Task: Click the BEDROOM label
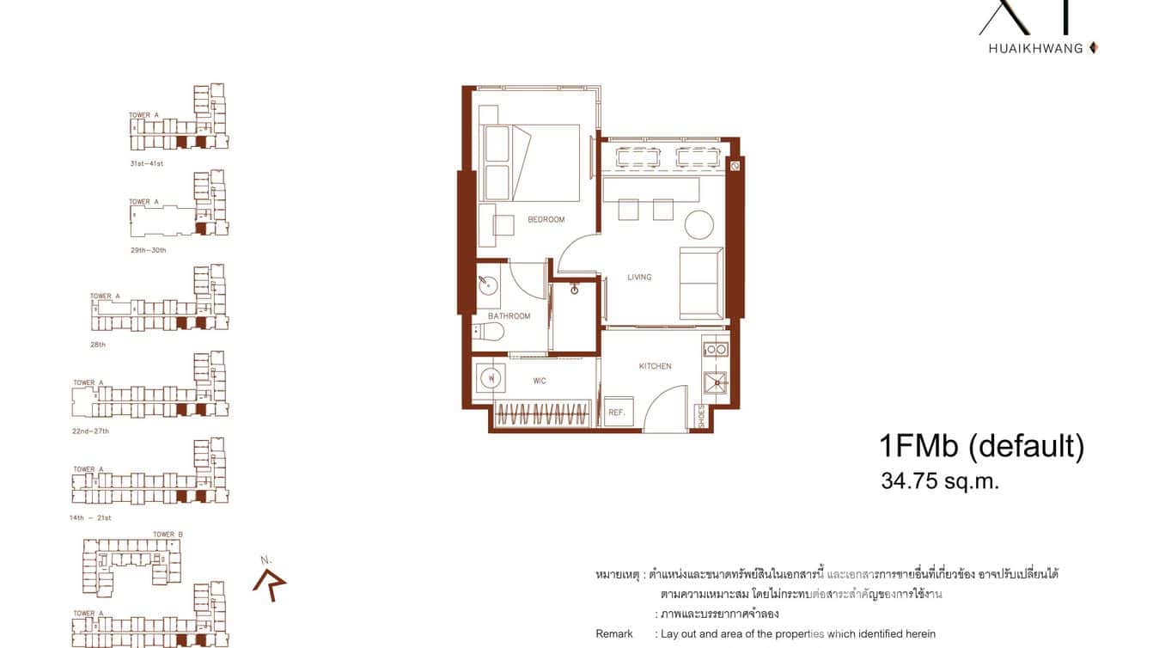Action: point(546,220)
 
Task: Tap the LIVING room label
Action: point(639,277)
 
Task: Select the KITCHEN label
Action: point(655,366)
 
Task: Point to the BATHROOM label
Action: point(509,316)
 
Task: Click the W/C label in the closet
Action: point(540,381)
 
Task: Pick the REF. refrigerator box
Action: point(617,412)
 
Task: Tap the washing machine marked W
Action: point(490,377)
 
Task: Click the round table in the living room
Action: point(699,225)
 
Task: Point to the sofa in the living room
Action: point(701,283)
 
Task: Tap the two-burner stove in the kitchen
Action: point(715,350)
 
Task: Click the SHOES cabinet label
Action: point(702,417)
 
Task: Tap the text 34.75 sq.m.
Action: point(940,481)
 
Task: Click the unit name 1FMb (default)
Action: point(981,447)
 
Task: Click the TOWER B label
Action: point(168,535)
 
